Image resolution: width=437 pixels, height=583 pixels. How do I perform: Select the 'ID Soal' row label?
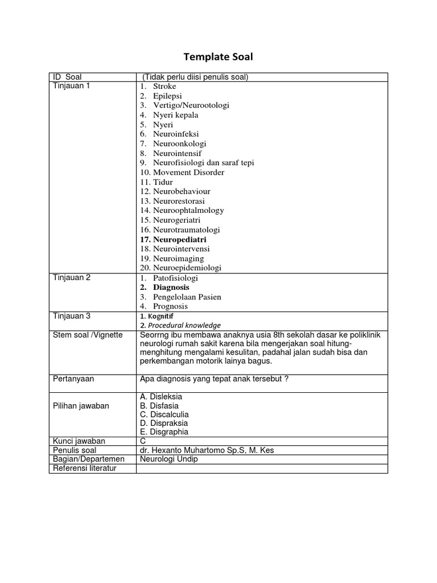point(67,77)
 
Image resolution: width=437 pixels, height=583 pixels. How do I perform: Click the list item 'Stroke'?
point(164,86)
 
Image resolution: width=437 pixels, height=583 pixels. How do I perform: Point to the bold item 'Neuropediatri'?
point(179,240)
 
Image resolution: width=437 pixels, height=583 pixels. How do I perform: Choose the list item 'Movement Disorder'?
point(188,173)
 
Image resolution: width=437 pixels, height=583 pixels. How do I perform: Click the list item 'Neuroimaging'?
point(178,258)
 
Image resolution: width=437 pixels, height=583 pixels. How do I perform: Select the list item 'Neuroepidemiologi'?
point(187,268)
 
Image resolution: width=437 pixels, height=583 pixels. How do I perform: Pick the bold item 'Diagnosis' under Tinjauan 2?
point(171,288)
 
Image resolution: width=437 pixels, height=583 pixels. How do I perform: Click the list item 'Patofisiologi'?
point(175,278)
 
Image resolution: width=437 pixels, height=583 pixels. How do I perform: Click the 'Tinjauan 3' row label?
point(72,316)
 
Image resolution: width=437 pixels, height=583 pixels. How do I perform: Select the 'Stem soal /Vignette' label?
point(87,335)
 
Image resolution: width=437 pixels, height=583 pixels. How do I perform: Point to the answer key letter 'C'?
point(142,441)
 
